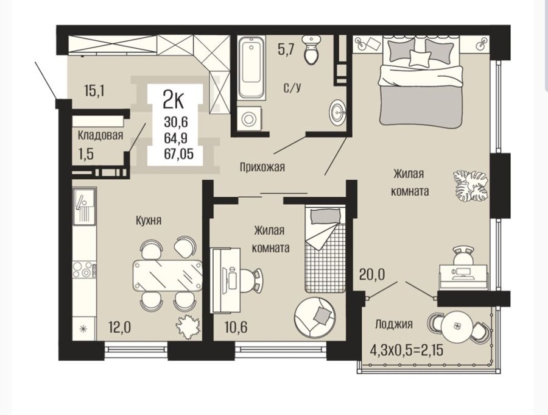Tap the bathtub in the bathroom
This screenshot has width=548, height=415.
(x=251, y=67)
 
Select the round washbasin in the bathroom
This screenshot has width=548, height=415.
(x=337, y=112)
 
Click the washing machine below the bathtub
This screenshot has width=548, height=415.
(x=249, y=119)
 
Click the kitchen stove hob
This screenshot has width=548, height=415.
(x=84, y=269)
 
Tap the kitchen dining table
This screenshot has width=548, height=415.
(x=167, y=275)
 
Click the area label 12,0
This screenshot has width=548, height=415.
(x=119, y=328)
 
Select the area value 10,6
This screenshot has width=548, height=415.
(x=236, y=327)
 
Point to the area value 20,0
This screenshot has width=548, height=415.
(x=372, y=274)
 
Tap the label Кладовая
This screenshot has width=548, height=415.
(x=100, y=135)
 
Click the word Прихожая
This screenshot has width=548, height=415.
(x=262, y=167)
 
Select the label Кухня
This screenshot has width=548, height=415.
(x=149, y=221)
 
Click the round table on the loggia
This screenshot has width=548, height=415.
(x=455, y=326)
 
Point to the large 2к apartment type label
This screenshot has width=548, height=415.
(x=174, y=101)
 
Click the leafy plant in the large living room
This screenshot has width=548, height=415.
(x=471, y=185)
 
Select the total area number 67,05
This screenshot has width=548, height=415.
(x=178, y=154)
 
